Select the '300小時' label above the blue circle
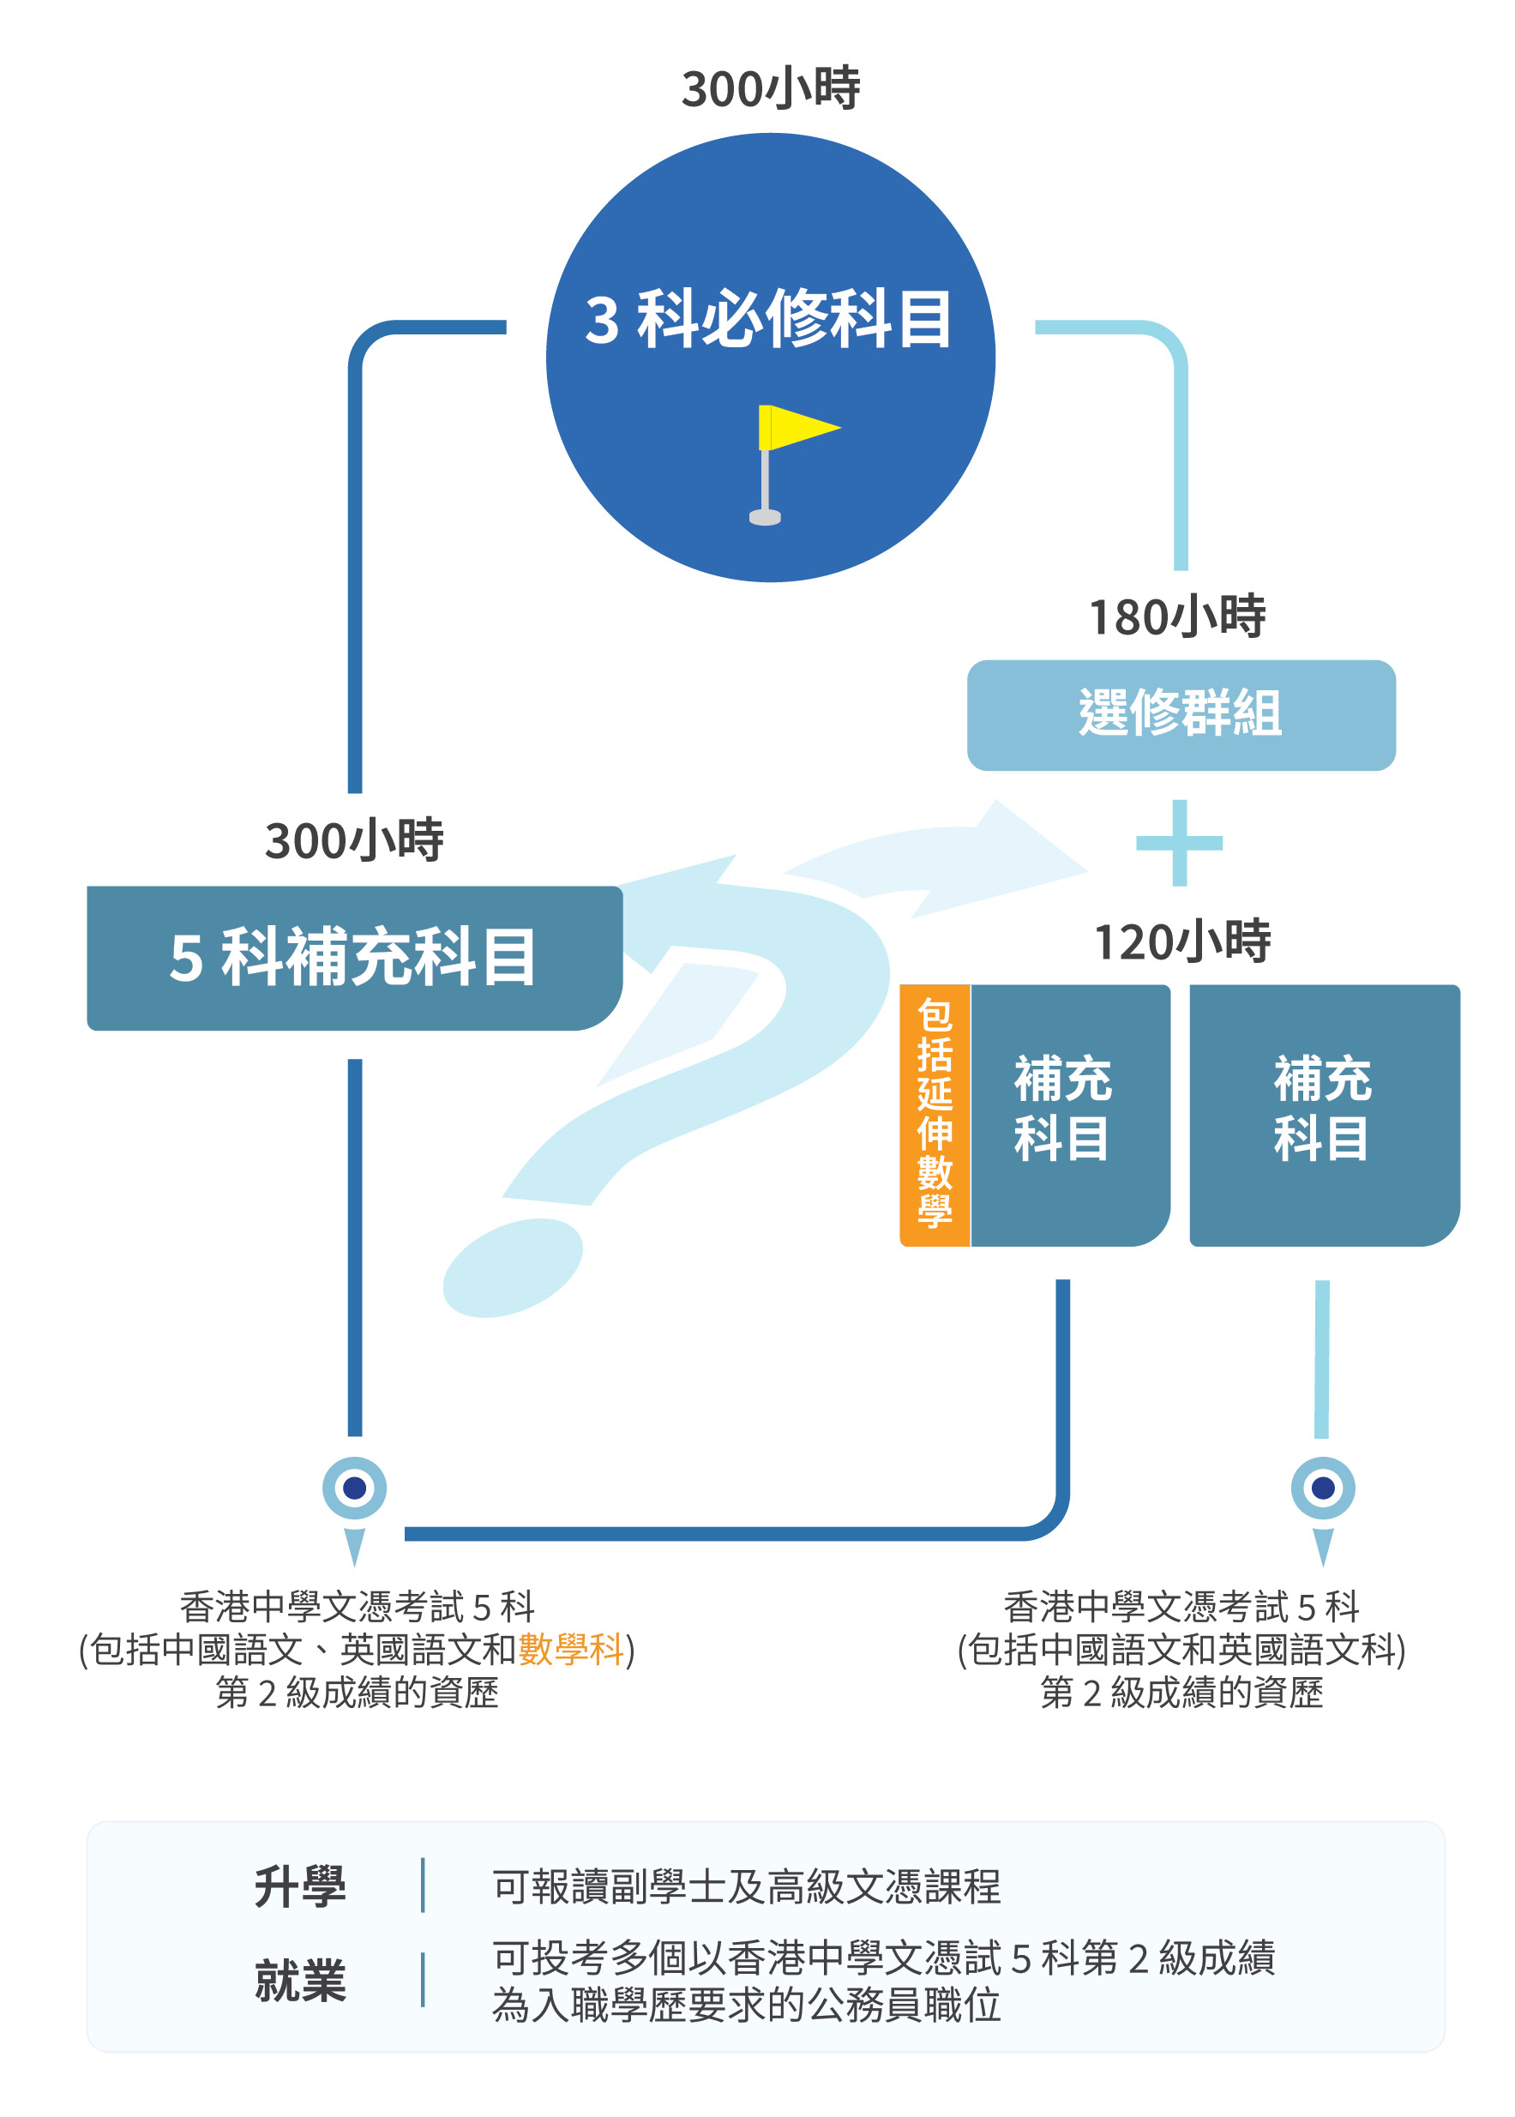point(771,88)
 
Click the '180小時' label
point(1177,616)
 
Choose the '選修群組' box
point(1180,715)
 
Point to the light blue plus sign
point(1179,843)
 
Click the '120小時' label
point(1182,941)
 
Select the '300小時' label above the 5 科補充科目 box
point(353,839)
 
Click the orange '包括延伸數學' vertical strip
point(934,1114)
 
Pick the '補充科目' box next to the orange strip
point(1069,1114)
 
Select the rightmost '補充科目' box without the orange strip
point(1323,1114)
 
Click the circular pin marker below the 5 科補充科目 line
point(354,1489)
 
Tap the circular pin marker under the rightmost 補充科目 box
point(1323,1489)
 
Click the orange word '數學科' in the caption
point(571,1650)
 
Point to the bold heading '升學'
point(299,1886)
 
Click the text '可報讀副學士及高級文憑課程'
point(746,1886)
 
